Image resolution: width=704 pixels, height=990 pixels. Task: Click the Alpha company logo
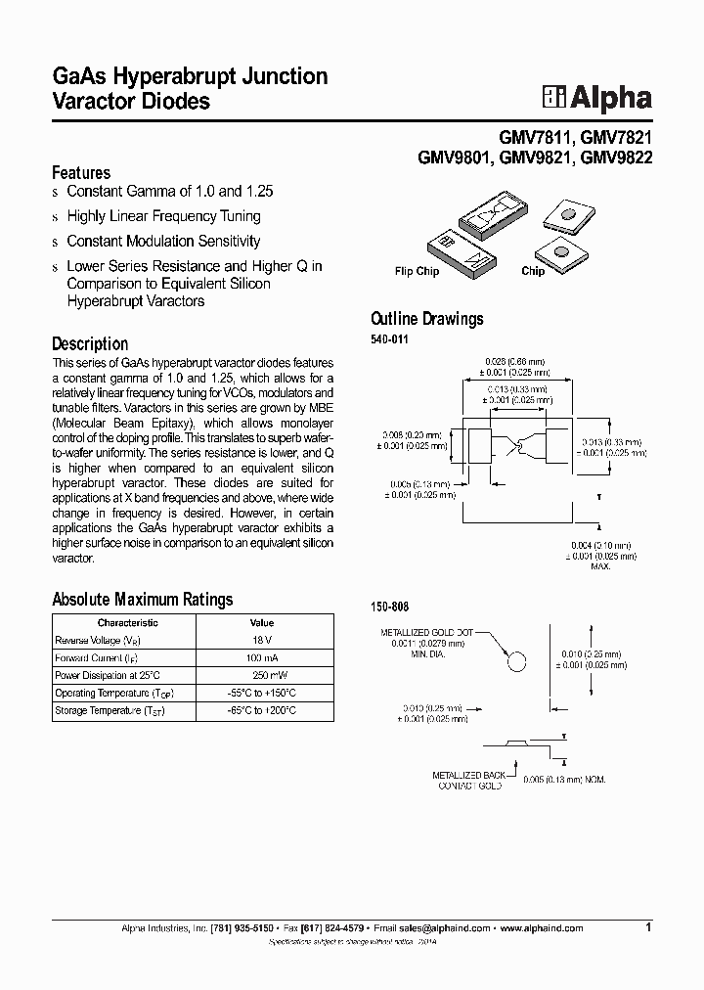click(597, 97)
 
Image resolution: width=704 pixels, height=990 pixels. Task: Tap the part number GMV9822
click(616, 157)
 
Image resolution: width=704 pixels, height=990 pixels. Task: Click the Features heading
click(80, 172)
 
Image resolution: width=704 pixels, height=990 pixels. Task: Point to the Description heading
click(89, 343)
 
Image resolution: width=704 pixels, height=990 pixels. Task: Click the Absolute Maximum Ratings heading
click(142, 600)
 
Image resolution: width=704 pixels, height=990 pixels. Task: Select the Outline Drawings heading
click(426, 319)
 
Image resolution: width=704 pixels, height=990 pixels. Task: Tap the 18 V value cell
click(262, 640)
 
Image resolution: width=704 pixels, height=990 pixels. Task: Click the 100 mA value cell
click(262, 657)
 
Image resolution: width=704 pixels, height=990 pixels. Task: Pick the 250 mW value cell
click(262, 675)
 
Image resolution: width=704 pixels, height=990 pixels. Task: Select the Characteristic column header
click(128, 622)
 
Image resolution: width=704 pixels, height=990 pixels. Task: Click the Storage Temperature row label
click(109, 711)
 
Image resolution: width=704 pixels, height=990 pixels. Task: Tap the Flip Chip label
click(417, 272)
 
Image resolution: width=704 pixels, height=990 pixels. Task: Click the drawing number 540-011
click(388, 339)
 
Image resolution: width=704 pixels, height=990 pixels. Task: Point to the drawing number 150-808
click(388, 607)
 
